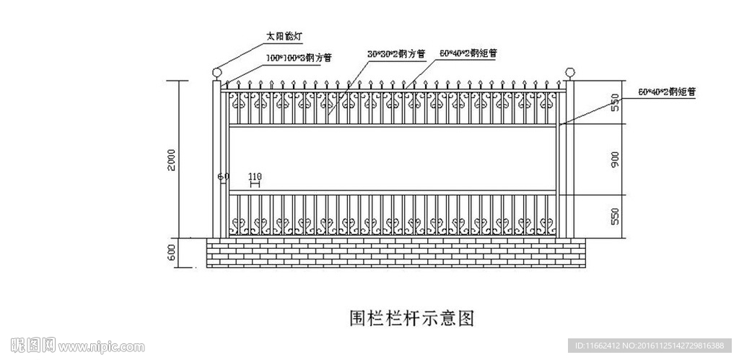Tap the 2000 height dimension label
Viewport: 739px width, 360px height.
171,159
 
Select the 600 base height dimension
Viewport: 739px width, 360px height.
171,253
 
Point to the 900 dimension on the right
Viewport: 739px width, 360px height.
615,160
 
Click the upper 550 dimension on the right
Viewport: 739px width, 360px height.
615,102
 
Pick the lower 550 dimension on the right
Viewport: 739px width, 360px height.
615,216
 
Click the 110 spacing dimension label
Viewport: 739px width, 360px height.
254,176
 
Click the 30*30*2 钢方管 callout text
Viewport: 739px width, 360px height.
396,54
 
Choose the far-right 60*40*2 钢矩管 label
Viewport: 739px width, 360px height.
667,92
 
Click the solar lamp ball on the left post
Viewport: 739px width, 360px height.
217,72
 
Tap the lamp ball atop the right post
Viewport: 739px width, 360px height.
569,72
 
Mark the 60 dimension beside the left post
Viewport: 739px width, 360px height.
222,176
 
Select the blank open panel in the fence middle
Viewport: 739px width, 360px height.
393,159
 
